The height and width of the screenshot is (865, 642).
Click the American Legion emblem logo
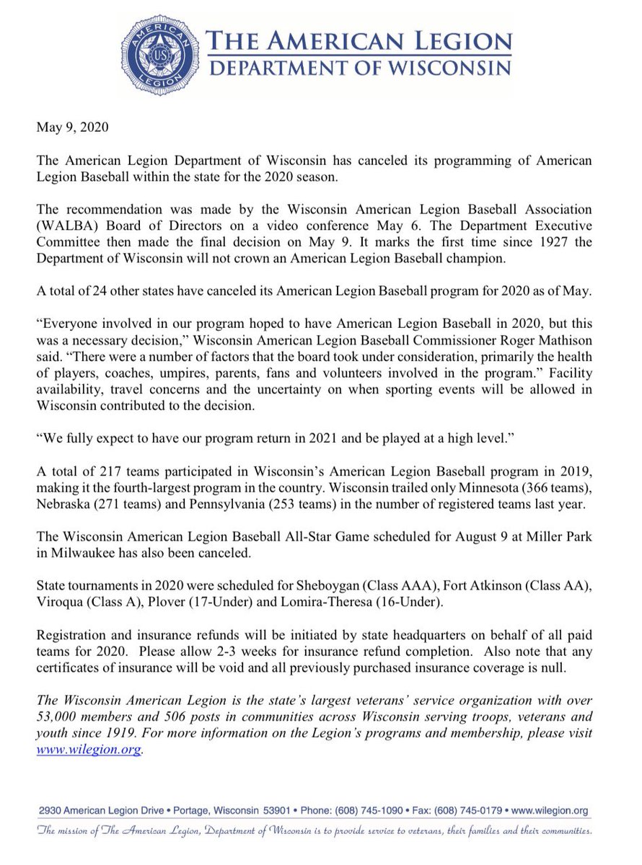[x=161, y=56]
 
